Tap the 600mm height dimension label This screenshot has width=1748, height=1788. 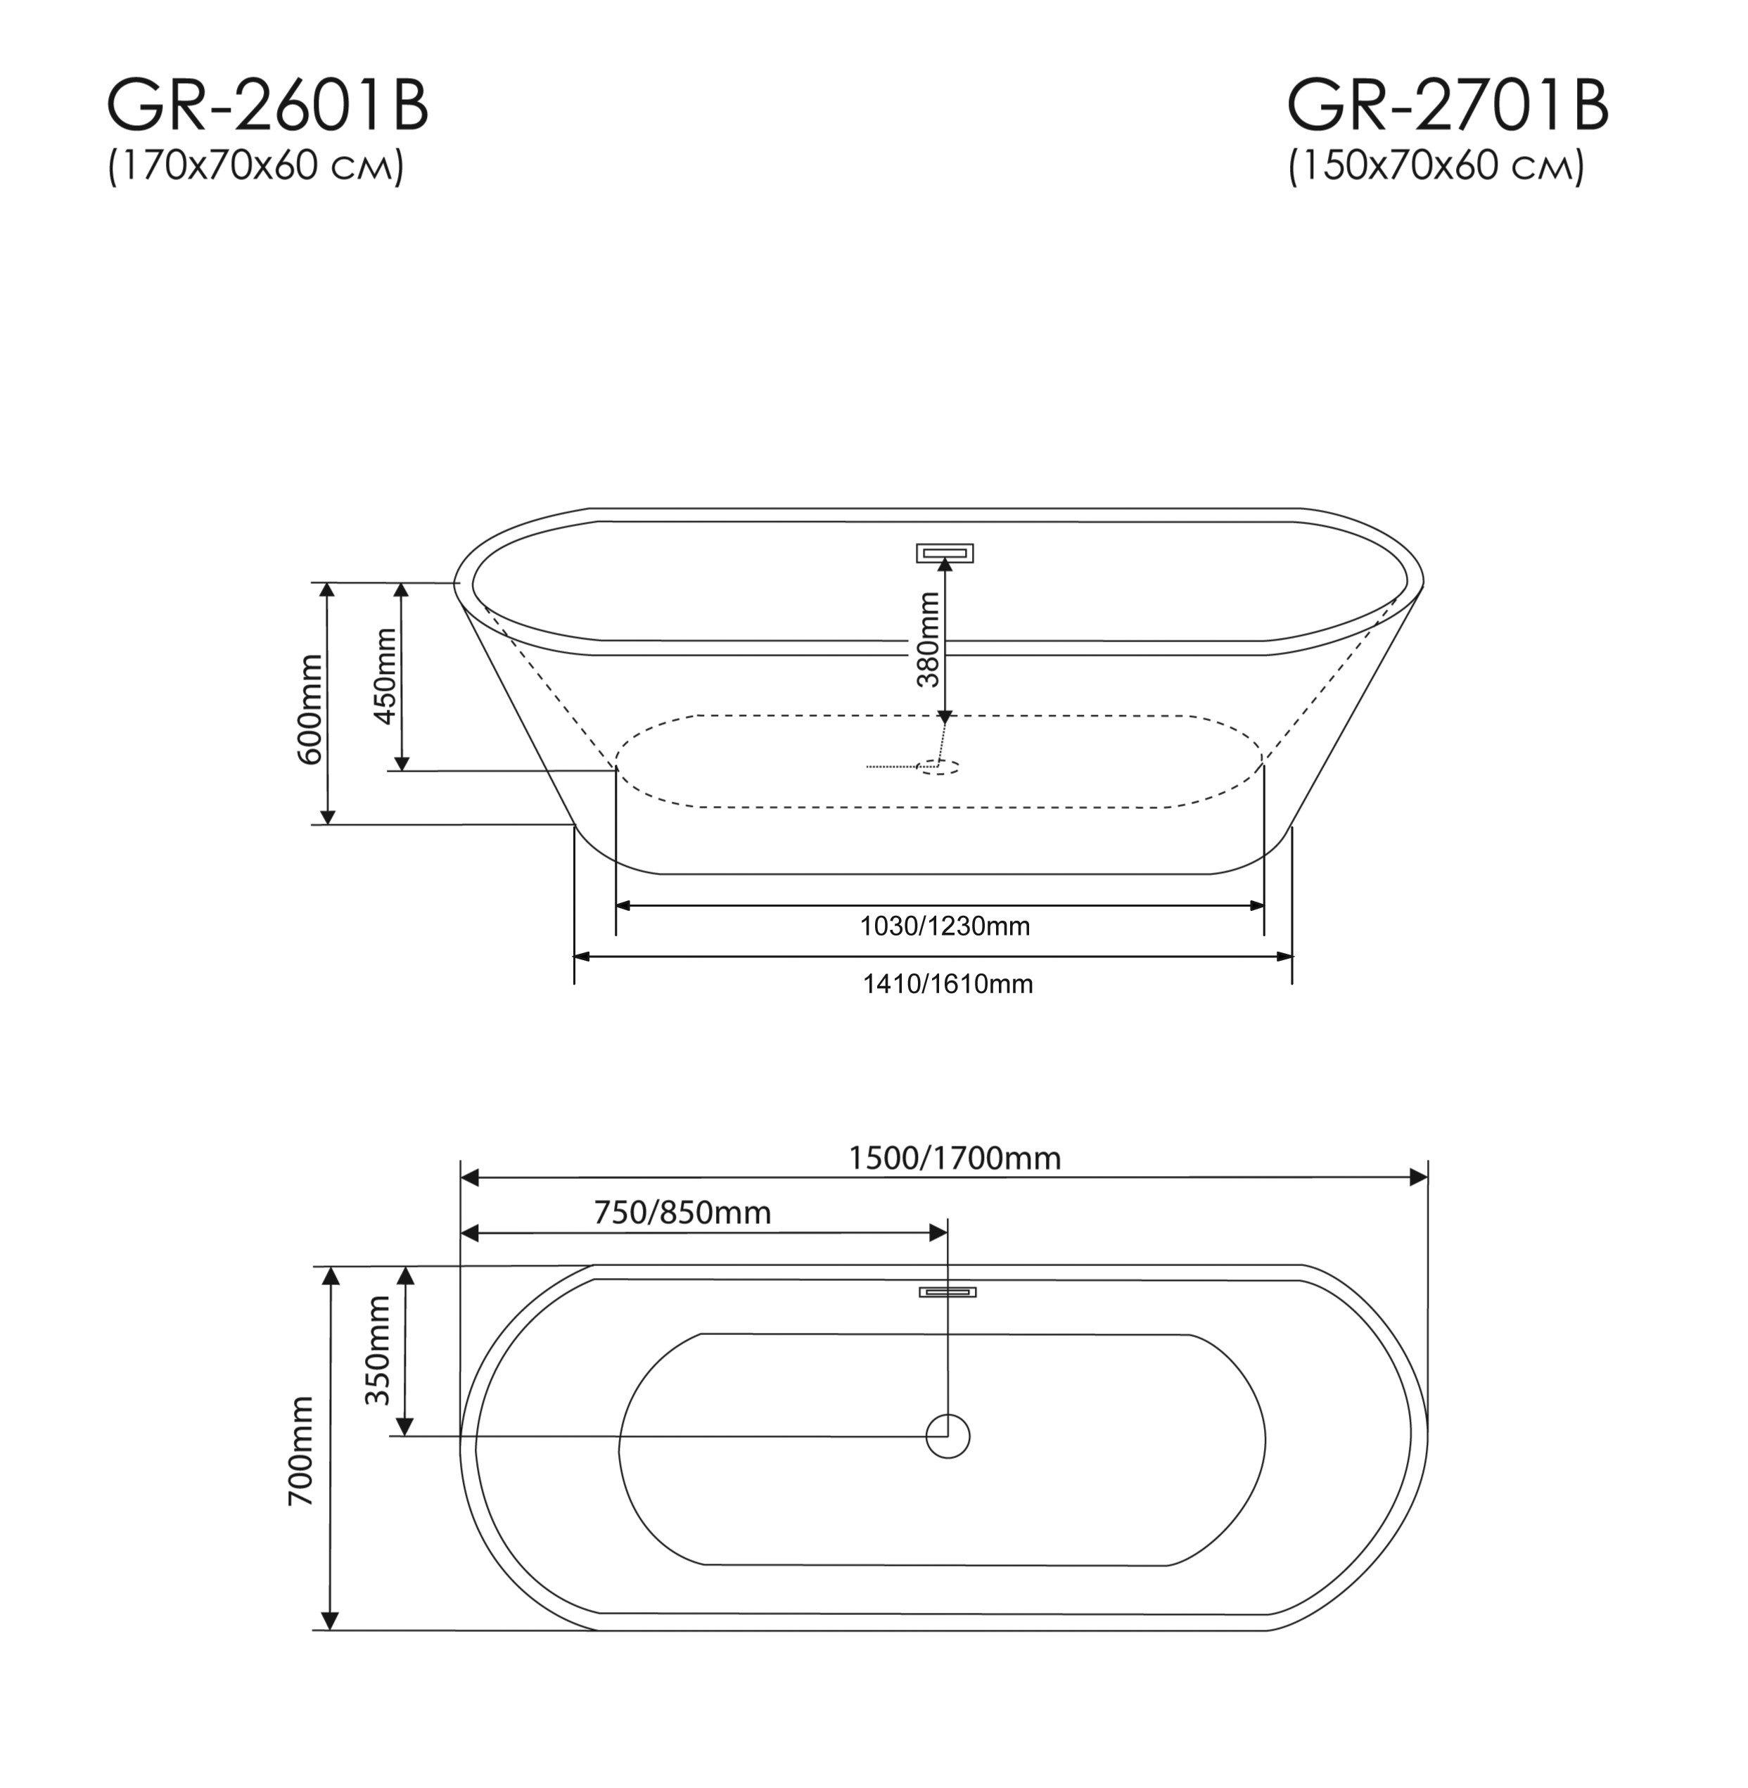(310, 708)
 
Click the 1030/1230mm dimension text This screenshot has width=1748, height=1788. (944, 927)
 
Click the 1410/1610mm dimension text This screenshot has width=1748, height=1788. (948, 985)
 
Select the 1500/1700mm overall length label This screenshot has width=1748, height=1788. (954, 1159)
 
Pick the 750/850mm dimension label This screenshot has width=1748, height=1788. (682, 1213)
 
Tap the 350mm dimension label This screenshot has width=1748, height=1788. (377, 1350)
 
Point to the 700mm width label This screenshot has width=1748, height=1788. (301, 1451)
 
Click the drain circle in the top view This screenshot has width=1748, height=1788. (948, 1436)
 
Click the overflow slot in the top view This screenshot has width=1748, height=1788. (948, 1292)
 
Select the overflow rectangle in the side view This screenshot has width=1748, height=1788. (944, 553)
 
